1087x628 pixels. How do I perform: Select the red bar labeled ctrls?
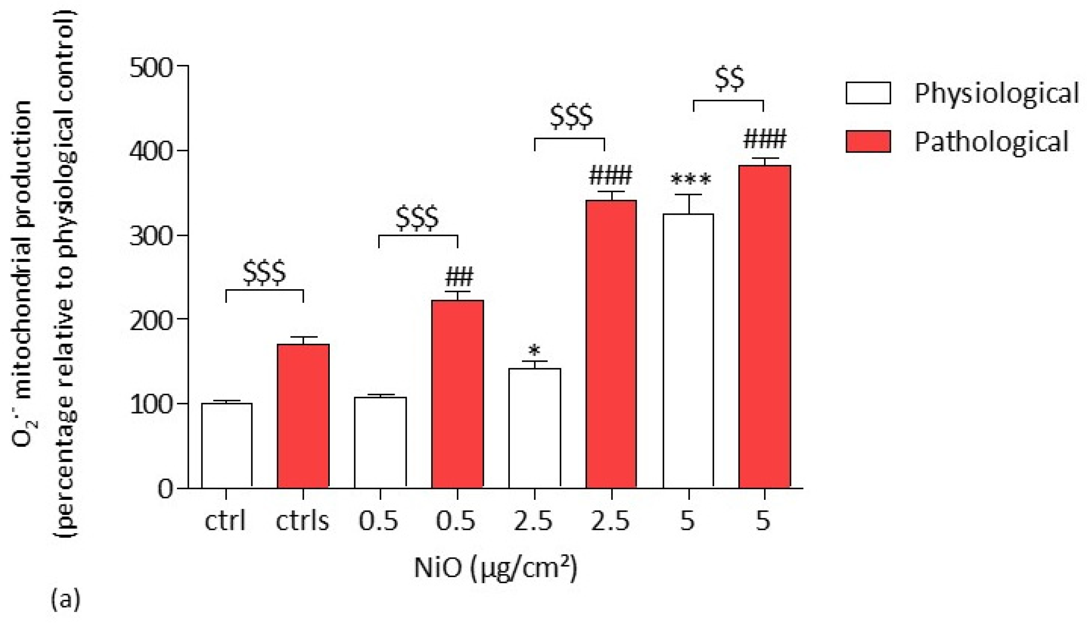303,416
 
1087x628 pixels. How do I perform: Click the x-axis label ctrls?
302,521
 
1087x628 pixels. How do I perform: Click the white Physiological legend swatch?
868,93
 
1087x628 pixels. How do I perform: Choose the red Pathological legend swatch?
868,141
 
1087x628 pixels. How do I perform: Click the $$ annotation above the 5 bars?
729,79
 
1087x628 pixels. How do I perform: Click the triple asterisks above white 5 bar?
690,179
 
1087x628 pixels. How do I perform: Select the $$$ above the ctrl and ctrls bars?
264,273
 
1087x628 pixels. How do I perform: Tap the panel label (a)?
66,600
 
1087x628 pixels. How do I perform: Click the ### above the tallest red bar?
764,139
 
